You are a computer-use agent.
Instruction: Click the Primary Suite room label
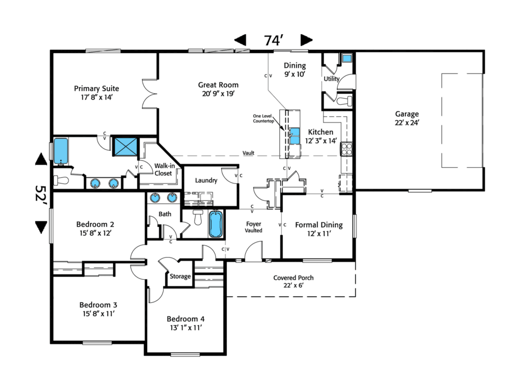coord(97,92)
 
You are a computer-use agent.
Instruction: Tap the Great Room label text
coord(218,89)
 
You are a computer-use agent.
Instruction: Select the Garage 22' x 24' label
coord(407,118)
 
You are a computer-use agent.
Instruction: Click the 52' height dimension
coord(41,194)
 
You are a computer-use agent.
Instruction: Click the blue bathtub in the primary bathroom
coord(61,150)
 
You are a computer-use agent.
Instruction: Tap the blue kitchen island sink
coord(295,136)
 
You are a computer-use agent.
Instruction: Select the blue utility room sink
coord(346,58)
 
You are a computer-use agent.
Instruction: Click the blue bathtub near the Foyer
coord(215,224)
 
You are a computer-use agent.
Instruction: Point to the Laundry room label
coord(206,180)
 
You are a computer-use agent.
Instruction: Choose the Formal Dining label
coord(319,229)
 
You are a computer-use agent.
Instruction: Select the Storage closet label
coord(180,276)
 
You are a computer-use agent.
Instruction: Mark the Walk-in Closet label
coord(163,169)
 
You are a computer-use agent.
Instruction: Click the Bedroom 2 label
coord(95,228)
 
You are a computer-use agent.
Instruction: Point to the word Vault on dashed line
coord(248,152)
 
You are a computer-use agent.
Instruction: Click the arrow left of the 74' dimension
coord(240,40)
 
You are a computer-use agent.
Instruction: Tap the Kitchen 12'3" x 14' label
coord(321,136)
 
